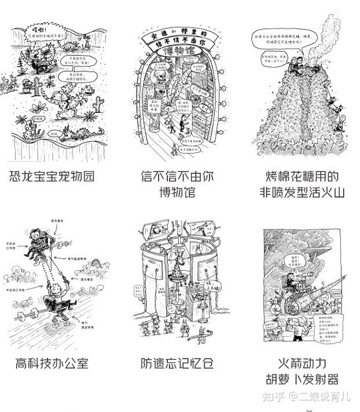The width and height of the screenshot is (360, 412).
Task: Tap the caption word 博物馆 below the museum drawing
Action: tap(177, 191)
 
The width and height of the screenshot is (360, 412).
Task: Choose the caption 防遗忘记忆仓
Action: tap(177, 364)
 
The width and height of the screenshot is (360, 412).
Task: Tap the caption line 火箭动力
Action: tap(302, 364)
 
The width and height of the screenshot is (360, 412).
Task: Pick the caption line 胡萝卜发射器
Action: tap(302, 380)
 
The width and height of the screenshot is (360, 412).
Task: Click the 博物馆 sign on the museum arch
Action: tap(177, 53)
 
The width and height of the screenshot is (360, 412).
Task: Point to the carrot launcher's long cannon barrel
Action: tap(324, 290)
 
